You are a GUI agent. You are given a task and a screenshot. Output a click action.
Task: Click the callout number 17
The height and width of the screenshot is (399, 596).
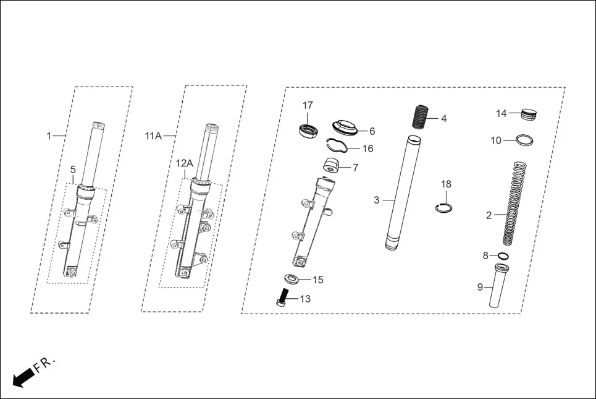308,105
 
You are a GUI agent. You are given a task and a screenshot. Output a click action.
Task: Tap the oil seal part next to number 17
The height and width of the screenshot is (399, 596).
307,130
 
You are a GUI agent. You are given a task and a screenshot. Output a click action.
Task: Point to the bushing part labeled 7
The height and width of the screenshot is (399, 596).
334,166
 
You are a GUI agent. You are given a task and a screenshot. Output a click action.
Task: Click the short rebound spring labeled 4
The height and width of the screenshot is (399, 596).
420,116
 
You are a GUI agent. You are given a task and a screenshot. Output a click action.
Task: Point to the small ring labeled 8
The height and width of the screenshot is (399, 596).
503,255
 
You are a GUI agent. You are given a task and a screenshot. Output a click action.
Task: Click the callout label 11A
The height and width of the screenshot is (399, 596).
153,135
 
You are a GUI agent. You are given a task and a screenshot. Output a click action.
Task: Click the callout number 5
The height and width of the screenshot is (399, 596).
73,169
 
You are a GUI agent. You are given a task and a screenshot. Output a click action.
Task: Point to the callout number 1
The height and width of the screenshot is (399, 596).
49,135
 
